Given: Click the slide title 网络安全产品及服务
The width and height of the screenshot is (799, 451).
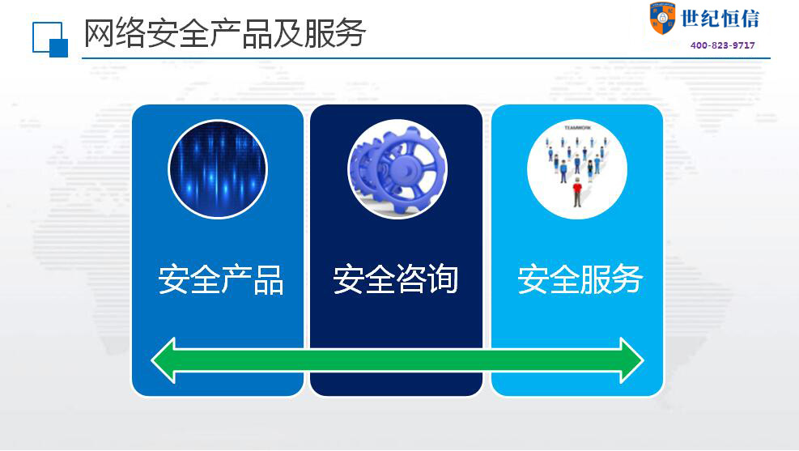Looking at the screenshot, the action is point(225,33).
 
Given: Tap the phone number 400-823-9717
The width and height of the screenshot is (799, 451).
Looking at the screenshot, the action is point(723,45).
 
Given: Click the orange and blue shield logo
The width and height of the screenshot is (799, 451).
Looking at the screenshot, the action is point(662,19).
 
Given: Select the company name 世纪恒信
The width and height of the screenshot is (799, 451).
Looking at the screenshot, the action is point(720,19).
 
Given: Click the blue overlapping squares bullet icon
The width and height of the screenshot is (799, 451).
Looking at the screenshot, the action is point(50,39).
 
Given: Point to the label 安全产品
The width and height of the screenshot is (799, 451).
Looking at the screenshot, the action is point(221,280).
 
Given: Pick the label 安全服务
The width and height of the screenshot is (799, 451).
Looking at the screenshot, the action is point(580,279).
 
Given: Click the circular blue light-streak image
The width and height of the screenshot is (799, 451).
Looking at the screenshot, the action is point(218,169).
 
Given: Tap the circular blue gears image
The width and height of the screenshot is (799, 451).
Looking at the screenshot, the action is point(397,169).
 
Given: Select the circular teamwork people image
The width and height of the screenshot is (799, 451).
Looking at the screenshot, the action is point(577,169).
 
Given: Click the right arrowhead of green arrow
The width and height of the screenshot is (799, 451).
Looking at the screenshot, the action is point(632,360).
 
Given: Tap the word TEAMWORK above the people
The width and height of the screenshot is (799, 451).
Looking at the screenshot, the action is point(577,128).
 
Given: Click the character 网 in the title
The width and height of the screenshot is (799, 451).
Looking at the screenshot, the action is point(99,33).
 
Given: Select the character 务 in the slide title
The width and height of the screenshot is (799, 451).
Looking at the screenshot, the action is point(351,33).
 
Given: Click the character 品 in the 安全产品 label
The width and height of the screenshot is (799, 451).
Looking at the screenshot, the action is point(268,280).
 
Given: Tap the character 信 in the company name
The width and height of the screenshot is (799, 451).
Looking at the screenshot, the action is point(750,19).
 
